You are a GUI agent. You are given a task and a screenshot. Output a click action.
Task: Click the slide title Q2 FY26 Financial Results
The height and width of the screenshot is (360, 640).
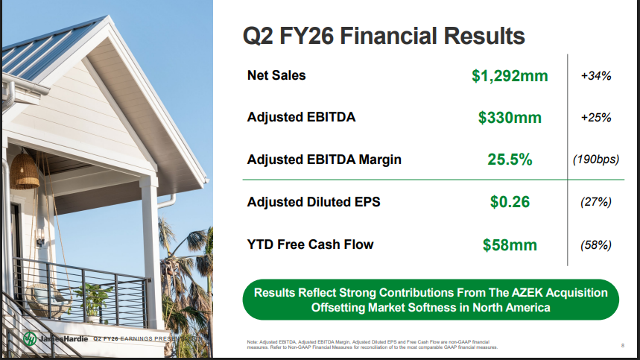(x=384, y=35)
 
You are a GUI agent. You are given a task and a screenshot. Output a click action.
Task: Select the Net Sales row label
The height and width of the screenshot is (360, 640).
(x=276, y=75)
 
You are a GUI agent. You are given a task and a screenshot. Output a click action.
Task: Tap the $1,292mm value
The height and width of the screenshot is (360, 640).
(x=510, y=75)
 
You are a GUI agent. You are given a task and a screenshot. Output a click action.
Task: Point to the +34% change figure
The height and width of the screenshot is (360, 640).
(x=595, y=75)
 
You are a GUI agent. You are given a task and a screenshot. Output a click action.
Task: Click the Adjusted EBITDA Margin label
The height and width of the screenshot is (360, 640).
(x=324, y=160)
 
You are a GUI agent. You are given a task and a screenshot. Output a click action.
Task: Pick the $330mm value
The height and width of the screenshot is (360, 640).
(x=510, y=118)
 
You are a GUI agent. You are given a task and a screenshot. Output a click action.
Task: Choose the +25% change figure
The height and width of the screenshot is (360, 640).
(x=595, y=118)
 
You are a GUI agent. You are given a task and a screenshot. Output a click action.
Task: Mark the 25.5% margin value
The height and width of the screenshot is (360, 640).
(x=510, y=160)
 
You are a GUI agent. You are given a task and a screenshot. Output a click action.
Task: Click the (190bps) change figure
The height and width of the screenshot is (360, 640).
(x=595, y=160)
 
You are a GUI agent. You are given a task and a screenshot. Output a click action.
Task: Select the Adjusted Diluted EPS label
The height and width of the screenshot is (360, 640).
(x=314, y=202)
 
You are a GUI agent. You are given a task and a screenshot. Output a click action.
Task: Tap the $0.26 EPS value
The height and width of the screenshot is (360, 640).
(x=510, y=202)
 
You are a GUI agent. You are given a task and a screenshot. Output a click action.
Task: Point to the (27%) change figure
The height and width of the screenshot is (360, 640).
(x=595, y=202)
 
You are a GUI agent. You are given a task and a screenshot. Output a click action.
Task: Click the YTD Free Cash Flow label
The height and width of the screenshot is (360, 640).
(x=310, y=244)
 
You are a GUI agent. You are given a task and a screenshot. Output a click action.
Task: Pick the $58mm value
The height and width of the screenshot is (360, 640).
(x=510, y=244)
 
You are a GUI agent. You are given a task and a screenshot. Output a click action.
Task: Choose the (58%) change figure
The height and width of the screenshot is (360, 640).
(x=595, y=244)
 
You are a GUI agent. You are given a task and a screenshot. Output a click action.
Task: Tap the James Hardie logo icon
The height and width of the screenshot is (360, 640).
(x=30, y=338)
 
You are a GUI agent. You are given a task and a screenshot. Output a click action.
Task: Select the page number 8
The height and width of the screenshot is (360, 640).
(x=622, y=345)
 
